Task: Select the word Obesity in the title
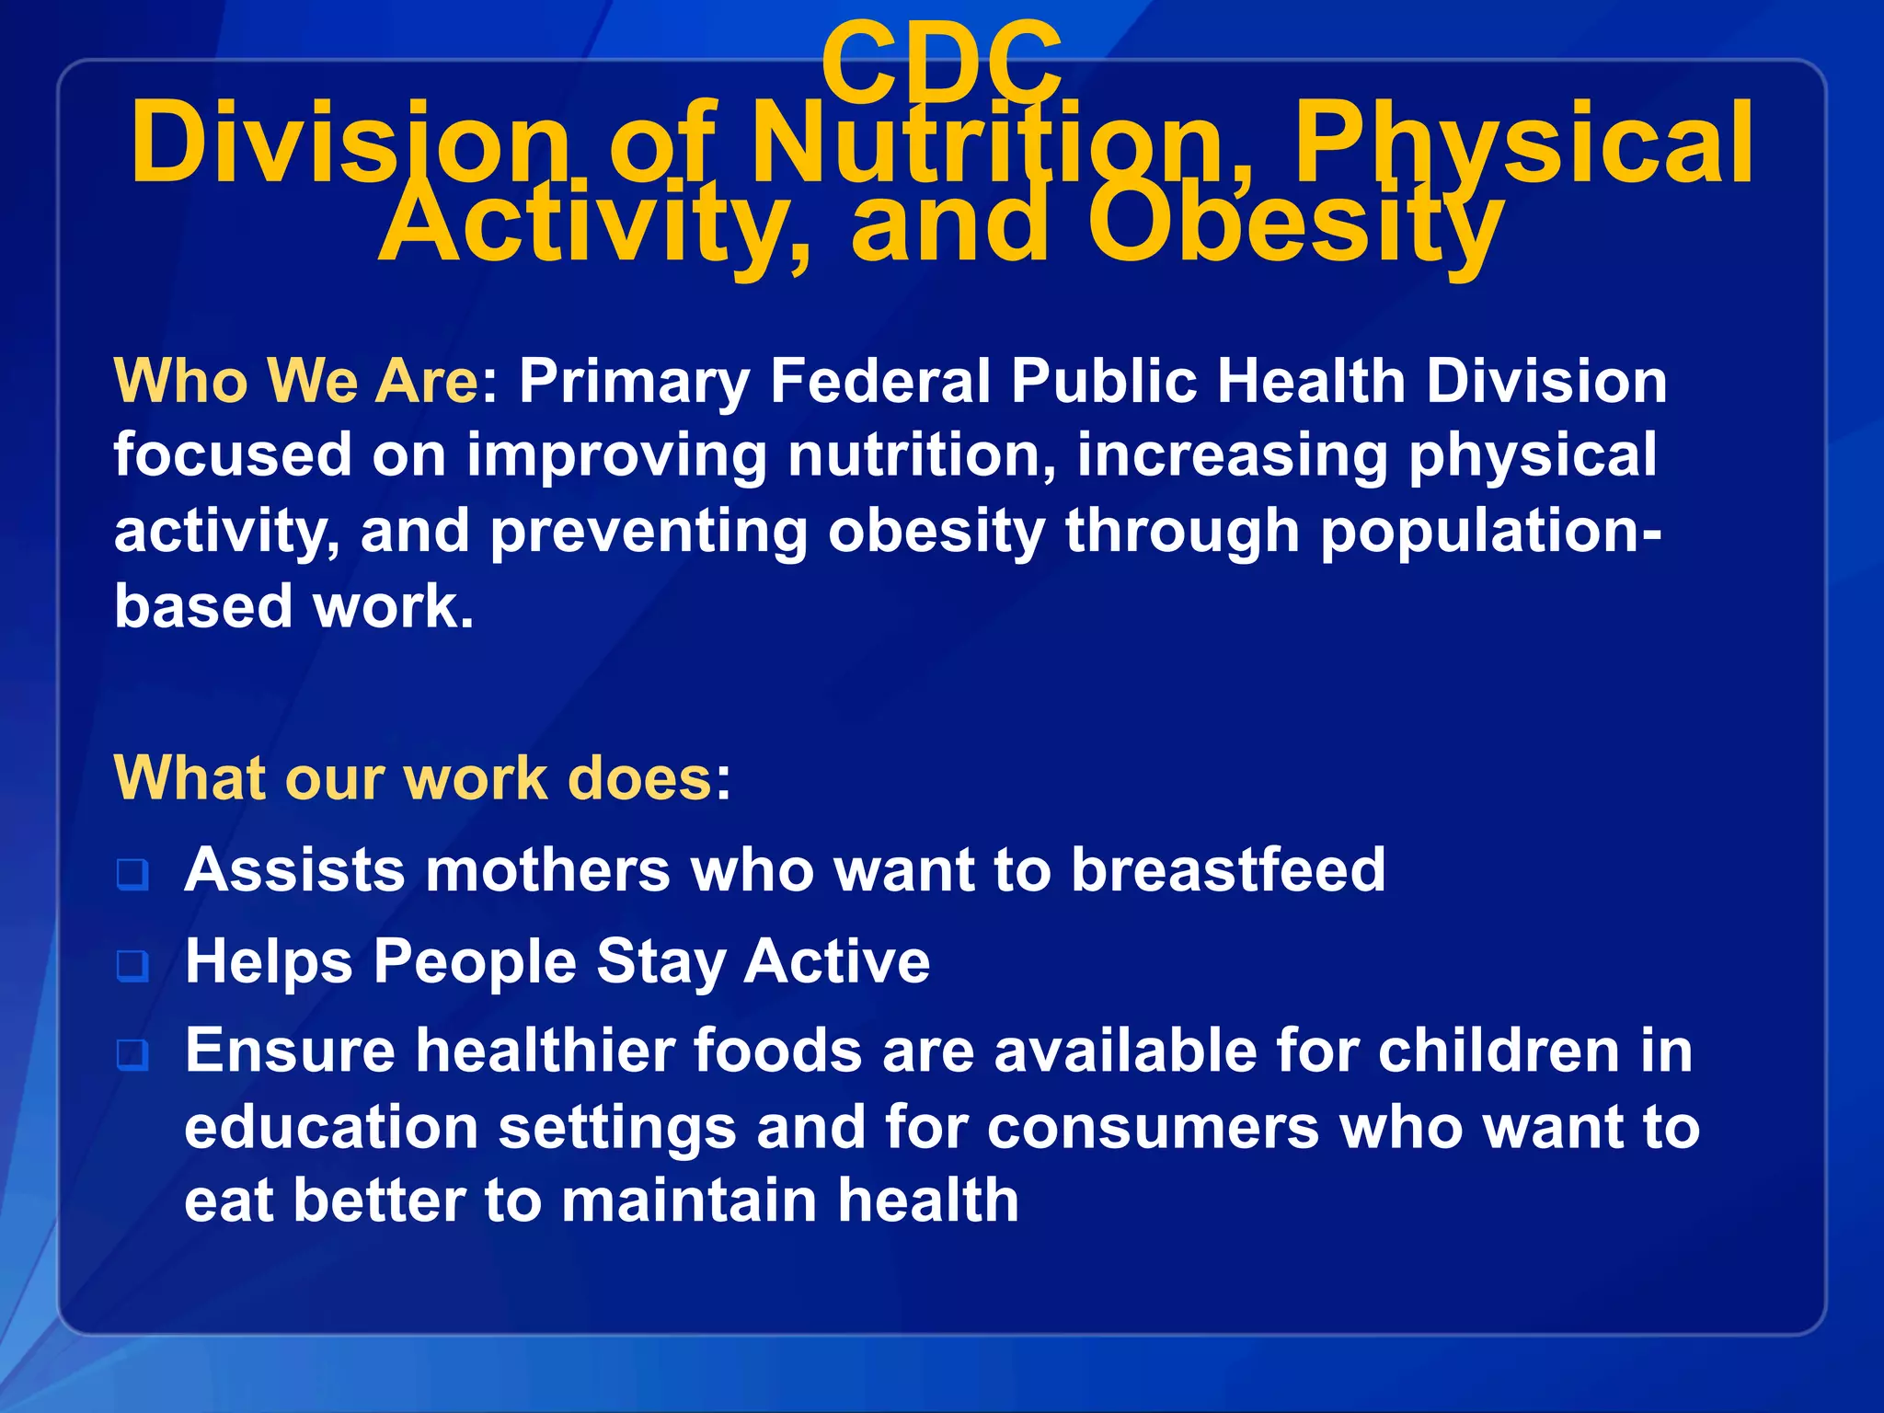coord(1295,224)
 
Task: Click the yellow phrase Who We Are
coord(295,380)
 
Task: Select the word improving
coord(615,456)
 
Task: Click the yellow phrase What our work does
coord(413,778)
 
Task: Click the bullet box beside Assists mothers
coord(132,874)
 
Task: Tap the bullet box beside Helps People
coord(132,965)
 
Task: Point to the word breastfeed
coord(1228,869)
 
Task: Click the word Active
coord(836,961)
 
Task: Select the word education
coord(331,1127)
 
